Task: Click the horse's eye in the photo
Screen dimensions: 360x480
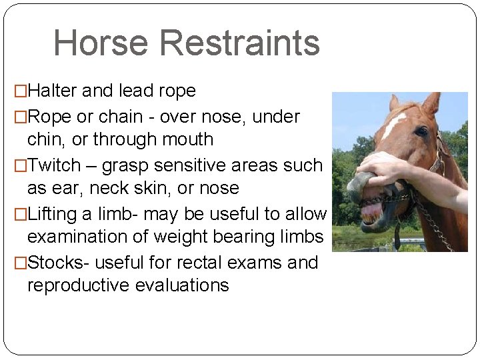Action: coord(421,131)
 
